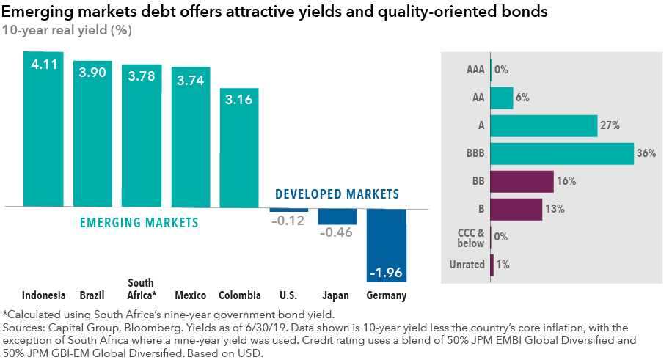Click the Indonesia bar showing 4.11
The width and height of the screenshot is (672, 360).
click(43, 129)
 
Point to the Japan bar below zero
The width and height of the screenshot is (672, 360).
click(337, 217)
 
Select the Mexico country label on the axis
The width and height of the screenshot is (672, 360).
click(190, 296)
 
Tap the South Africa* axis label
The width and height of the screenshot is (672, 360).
click(142, 290)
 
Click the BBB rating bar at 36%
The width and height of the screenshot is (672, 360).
click(561, 153)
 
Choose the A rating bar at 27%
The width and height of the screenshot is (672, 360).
click(544, 125)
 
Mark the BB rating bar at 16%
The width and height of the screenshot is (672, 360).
click(522, 181)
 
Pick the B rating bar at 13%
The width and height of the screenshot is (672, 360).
click(516, 209)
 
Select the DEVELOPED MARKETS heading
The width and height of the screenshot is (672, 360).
click(337, 194)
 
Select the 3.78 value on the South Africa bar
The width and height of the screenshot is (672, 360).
click(141, 77)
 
